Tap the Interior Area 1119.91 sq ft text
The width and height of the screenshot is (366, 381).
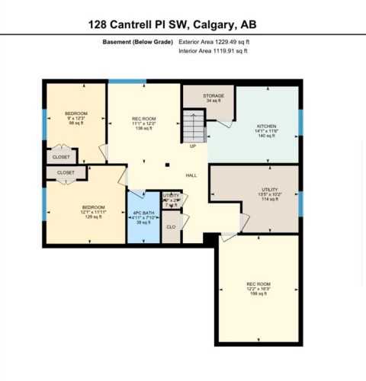point(212,51)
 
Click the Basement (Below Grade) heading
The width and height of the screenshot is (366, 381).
point(137,42)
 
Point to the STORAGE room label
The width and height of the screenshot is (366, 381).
point(213,97)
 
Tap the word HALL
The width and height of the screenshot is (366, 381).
point(191,175)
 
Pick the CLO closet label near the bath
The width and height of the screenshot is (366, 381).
point(172,226)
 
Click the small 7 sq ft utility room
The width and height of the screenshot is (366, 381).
point(171,201)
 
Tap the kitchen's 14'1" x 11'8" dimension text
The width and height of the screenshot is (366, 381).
point(265,131)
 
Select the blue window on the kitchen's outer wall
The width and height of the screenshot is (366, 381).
point(300,119)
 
